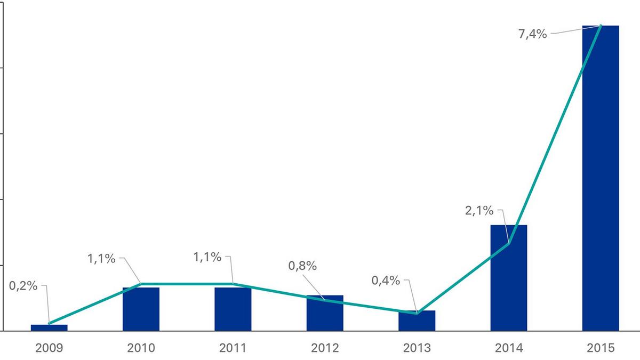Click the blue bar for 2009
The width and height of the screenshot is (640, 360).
49,327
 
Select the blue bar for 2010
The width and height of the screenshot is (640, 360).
141,309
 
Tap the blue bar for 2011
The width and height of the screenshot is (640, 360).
233,309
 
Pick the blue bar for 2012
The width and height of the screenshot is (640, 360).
325,313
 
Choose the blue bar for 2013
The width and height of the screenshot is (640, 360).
417,321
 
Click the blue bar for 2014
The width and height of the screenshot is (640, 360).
509,278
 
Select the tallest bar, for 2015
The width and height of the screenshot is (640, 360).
601,178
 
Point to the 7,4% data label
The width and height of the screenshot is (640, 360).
532,34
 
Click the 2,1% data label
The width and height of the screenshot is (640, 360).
479,211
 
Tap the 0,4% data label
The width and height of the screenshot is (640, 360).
386,280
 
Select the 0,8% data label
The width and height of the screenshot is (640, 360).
302,265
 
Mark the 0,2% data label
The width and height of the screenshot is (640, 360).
23,285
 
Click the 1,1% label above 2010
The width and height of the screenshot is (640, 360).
101,259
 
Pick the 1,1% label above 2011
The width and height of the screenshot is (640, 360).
207,257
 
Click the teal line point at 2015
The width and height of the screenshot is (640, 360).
601,26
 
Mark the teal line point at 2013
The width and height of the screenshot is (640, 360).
417,313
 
